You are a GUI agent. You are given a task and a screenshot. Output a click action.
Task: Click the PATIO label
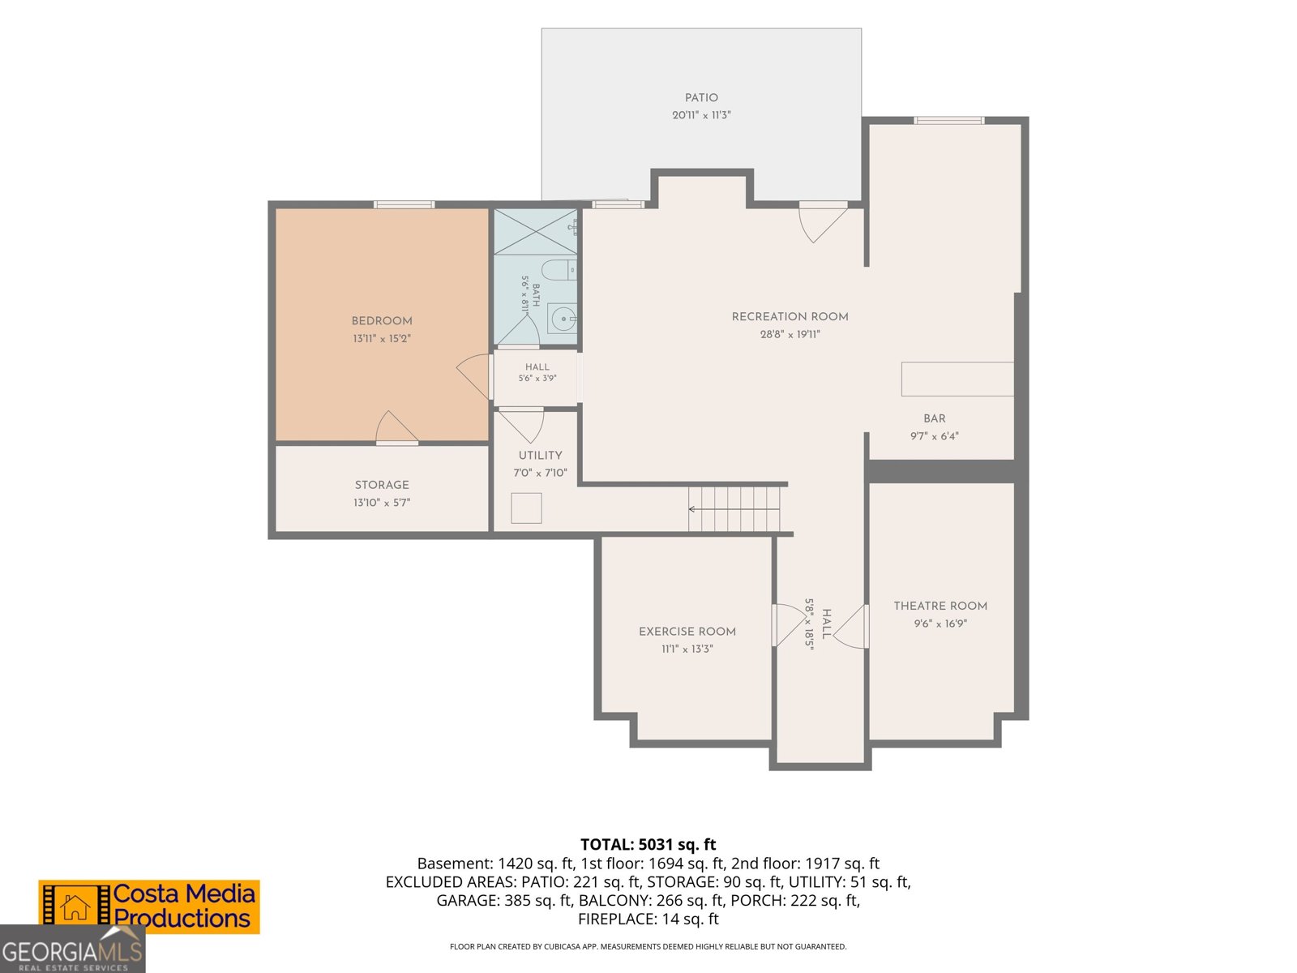click(701, 98)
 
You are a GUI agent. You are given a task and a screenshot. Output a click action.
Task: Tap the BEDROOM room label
click(382, 321)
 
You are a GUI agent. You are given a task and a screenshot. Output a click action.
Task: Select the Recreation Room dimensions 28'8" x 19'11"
click(790, 334)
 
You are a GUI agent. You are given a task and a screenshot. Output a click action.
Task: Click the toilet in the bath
click(559, 269)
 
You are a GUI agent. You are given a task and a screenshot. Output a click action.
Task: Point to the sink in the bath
click(562, 319)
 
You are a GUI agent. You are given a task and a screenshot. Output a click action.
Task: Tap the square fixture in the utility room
click(526, 508)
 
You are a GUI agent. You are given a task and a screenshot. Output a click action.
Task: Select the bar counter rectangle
click(957, 379)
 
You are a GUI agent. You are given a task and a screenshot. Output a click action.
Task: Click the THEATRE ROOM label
click(940, 606)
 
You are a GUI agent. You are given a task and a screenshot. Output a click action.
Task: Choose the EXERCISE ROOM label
click(687, 632)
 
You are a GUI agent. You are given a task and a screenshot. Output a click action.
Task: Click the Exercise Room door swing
click(789, 624)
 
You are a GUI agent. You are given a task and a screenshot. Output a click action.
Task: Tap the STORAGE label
click(382, 485)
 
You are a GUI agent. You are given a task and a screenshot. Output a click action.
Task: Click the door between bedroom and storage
click(396, 427)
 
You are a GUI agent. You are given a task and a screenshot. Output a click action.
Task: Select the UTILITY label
click(540, 456)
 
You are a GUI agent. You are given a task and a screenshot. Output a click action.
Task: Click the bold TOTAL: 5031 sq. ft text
click(648, 844)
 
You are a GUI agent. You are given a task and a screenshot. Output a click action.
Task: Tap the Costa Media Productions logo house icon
click(75, 907)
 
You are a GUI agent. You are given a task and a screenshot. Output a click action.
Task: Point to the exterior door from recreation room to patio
click(823, 221)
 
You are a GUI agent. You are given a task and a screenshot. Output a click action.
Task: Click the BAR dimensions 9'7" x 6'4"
click(934, 436)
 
